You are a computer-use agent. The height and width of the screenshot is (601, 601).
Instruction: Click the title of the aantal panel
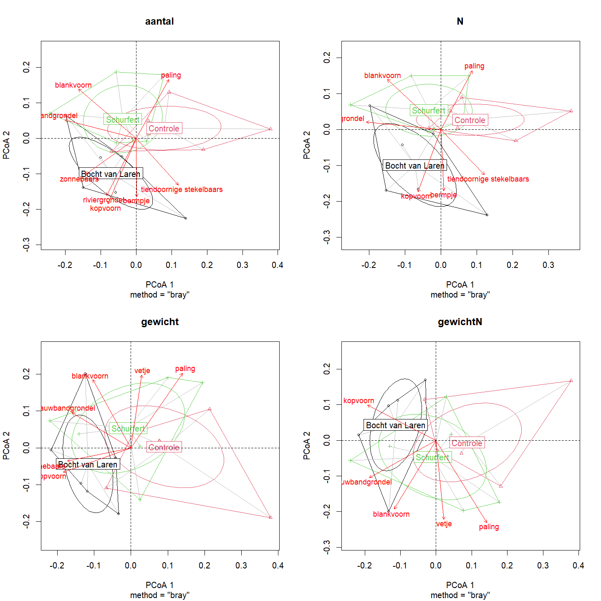coord(159,21)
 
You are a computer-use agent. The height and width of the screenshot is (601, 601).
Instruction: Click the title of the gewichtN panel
coord(460,322)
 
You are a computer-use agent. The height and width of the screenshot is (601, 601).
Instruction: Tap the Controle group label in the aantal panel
coord(164,129)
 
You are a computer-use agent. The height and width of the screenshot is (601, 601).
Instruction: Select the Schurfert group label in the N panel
coord(429,111)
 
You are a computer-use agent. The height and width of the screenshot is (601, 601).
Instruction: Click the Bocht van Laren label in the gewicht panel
coord(88,465)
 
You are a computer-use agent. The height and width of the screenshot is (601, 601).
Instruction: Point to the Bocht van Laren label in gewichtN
coord(396,425)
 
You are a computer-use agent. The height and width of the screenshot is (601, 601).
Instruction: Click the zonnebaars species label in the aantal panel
coord(79,179)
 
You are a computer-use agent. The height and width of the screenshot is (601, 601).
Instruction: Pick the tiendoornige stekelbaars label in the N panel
coord(488,179)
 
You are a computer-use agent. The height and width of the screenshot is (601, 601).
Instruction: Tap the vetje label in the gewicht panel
coord(142,371)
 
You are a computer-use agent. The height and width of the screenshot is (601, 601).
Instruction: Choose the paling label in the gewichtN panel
coord(489,527)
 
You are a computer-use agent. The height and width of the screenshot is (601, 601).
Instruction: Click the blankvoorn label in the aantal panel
coord(73,85)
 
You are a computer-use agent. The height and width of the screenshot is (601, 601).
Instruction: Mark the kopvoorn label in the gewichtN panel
coord(359,401)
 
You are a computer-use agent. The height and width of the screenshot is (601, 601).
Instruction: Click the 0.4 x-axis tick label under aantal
coord(278,265)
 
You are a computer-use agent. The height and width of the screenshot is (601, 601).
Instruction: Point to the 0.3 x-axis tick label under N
coord(548,265)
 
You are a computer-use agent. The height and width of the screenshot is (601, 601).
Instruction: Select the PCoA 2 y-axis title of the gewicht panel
coord(6,446)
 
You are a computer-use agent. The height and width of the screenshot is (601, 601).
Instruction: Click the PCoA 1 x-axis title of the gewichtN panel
coord(460,585)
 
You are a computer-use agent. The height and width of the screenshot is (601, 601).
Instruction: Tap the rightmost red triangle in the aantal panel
coord(270,129)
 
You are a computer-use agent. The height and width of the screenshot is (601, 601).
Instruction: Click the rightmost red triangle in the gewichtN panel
coord(571,381)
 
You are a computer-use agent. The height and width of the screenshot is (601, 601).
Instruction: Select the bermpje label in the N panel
coord(443,195)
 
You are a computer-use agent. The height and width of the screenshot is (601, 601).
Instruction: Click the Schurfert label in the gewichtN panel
coord(432,457)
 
